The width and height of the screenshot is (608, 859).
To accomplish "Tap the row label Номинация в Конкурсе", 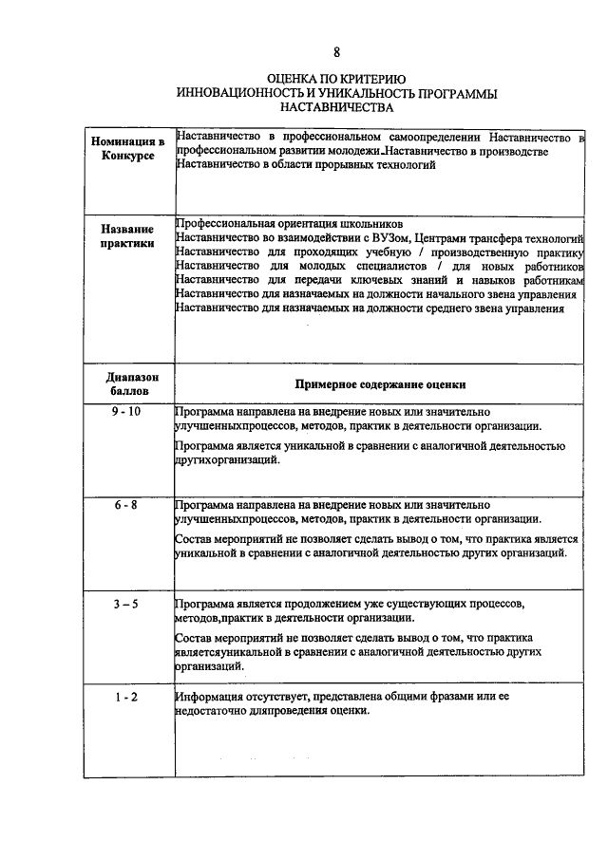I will pyautogui.click(x=127, y=148).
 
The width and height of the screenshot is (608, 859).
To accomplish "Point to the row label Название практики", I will pyautogui.click(x=127, y=235).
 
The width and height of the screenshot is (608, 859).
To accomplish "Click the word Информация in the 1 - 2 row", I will pyautogui.click(x=210, y=698).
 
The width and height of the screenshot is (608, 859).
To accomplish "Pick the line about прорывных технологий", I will pyautogui.click(x=306, y=165).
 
